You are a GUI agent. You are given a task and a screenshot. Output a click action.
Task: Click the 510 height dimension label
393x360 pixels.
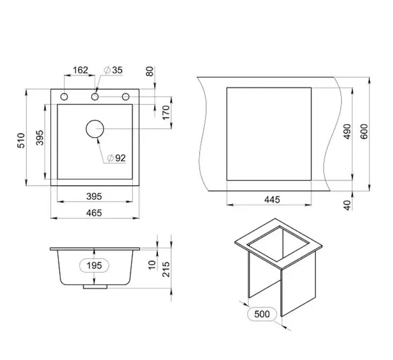[x=21, y=140]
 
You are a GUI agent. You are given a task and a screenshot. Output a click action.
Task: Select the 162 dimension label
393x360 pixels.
[x=80, y=70]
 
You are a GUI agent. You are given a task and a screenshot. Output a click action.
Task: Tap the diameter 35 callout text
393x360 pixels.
[x=113, y=70]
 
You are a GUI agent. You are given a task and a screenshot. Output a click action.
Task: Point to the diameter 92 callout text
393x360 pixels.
[x=116, y=158]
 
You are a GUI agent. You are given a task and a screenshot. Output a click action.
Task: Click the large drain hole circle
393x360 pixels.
[x=95, y=129]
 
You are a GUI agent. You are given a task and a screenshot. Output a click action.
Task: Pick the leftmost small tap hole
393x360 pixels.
[x=64, y=96]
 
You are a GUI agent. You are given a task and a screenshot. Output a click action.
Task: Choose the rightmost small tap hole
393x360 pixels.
[x=125, y=96]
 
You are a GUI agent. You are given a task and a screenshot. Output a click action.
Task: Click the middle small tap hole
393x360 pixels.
[x=95, y=96]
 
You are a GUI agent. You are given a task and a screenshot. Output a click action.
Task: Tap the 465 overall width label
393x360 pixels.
[x=94, y=213]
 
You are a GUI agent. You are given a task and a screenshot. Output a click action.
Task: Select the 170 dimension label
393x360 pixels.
[x=166, y=112]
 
